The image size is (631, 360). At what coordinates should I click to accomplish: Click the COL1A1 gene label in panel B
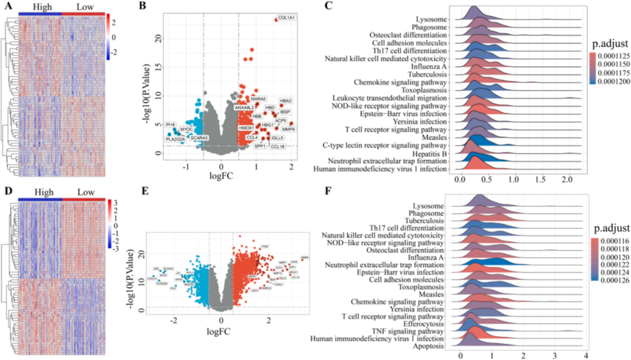tap(286, 19)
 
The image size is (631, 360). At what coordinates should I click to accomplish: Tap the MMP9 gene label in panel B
tap(288, 129)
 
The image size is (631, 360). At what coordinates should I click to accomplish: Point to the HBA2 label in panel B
tap(286, 101)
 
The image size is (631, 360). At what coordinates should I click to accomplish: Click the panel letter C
tap(329, 7)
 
